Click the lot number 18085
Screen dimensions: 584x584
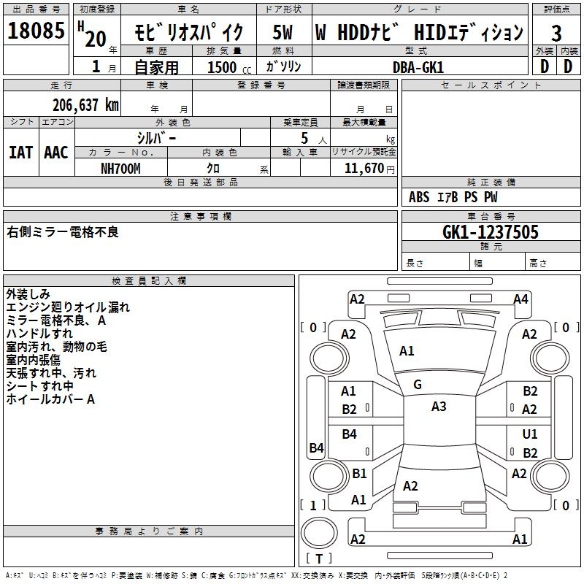click(36, 31)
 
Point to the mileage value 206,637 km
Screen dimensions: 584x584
click(85, 105)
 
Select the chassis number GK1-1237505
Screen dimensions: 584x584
click(491, 232)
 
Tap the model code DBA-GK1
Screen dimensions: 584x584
click(418, 66)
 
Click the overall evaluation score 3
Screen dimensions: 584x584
click(556, 34)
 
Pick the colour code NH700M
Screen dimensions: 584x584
click(120, 168)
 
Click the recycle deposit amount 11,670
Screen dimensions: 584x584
click(363, 168)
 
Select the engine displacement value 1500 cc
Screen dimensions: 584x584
click(223, 67)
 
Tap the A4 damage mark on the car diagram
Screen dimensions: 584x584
click(520, 299)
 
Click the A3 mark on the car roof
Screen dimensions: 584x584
click(439, 407)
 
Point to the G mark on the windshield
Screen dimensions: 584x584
click(418, 385)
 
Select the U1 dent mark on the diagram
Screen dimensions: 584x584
click(530, 434)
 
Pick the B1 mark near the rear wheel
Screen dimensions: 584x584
click(359, 473)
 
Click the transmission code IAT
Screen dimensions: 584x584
click(21, 153)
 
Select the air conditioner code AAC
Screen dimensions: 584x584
click(56, 153)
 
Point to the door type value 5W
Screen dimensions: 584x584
click(284, 34)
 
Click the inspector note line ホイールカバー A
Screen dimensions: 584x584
click(50, 399)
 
